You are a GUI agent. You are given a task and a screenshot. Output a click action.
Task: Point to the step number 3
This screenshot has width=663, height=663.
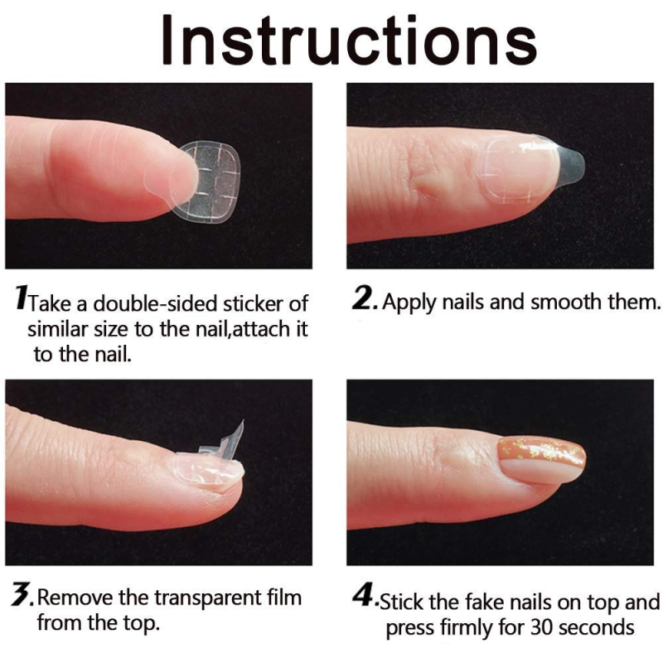(22, 596)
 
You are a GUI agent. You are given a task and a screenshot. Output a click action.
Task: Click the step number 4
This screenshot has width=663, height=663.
(362, 597)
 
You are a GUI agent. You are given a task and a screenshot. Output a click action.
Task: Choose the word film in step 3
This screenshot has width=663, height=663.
(283, 598)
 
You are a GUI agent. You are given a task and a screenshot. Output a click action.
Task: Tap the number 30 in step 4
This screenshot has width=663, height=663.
(538, 627)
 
